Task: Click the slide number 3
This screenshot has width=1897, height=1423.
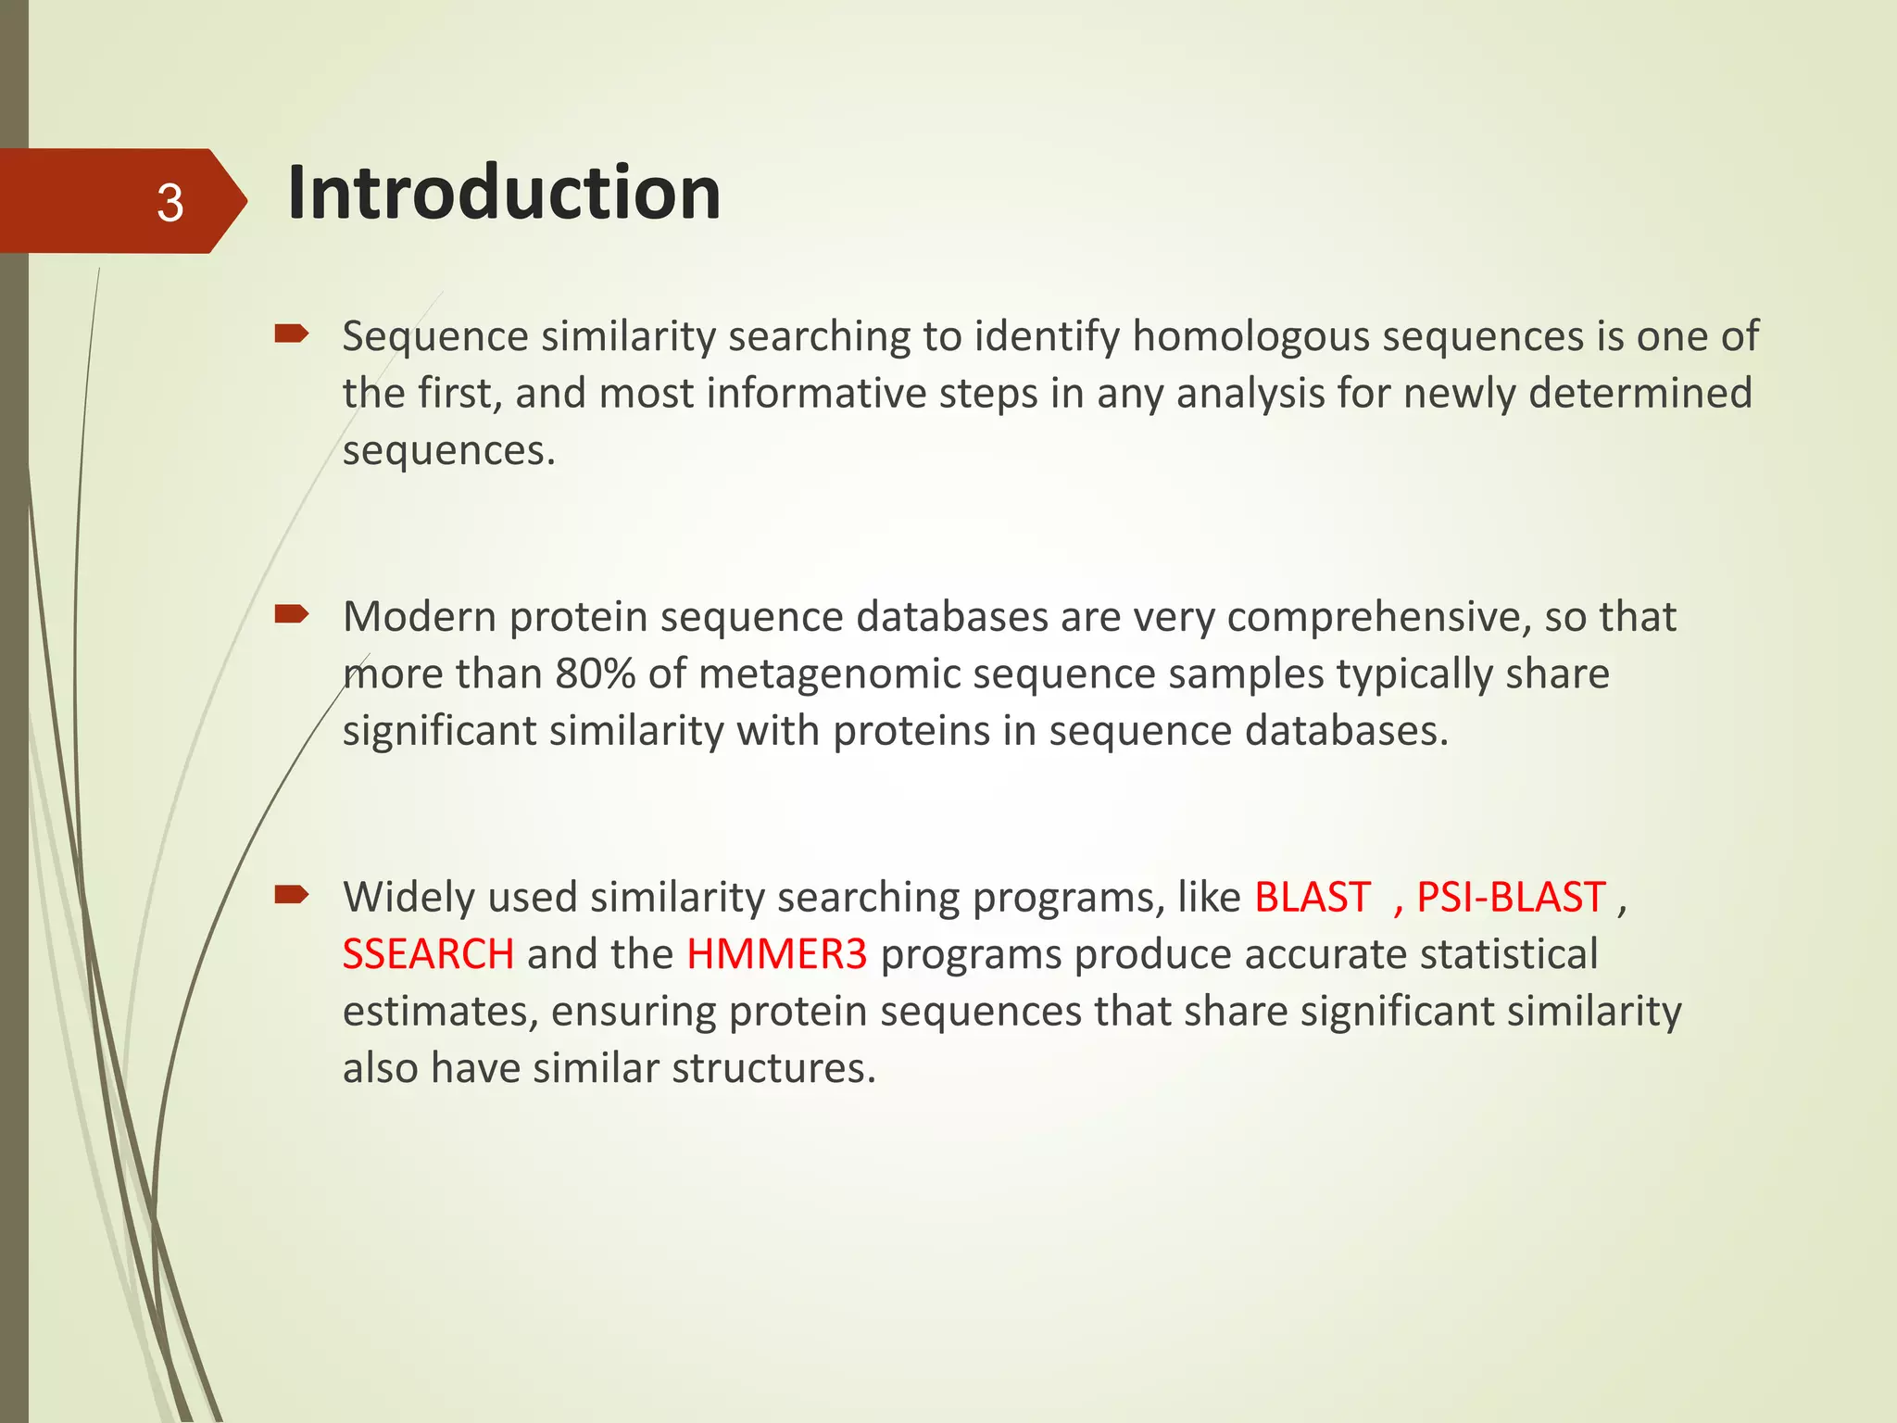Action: pos(170,203)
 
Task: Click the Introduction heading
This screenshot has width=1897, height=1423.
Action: pos(503,193)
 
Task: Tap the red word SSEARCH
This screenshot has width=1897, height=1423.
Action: pos(427,954)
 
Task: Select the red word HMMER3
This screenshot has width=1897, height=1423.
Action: pos(776,954)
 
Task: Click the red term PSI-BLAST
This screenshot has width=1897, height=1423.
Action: pos(1510,897)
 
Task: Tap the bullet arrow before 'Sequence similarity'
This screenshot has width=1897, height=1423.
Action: pos(291,334)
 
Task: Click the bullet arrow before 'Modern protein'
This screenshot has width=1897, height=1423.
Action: pos(291,614)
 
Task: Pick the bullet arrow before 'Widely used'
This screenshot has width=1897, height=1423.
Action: pos(291,895)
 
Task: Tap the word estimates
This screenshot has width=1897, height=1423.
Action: pos(440,1012)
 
